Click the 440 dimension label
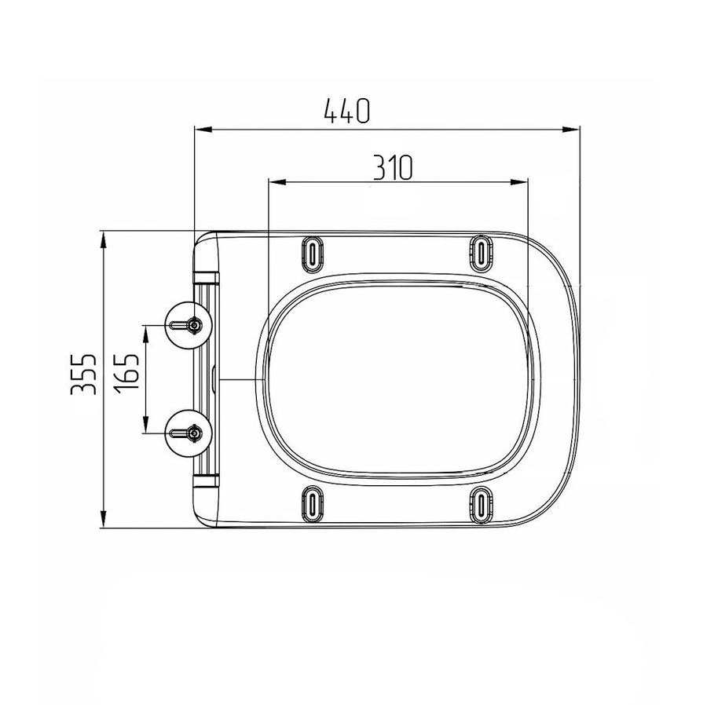(x=346, y=111)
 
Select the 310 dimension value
(x=392, y=167)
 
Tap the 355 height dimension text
(x=83, y=374)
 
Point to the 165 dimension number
(x=126, y=373)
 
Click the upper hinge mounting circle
(x=188, y=325)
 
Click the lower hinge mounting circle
(x=188, y=433)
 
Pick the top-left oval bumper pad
(x=312, y=254)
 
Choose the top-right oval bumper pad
(x=482, y=254)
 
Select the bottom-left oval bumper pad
(x=312, y=505)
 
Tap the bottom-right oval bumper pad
(x=482, y=505)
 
